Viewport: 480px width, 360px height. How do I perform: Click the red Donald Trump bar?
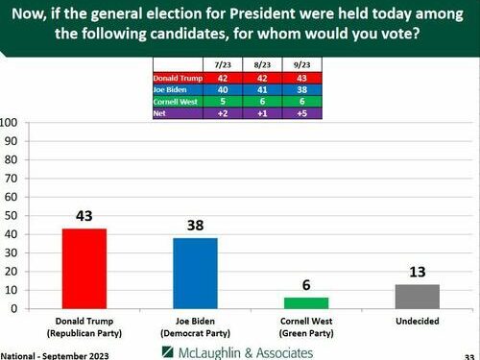(84, 268)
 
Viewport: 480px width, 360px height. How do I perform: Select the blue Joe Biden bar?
(194, 273)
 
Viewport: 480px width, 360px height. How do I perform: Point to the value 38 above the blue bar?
(194, 225)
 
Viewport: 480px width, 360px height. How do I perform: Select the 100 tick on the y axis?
(9, 123)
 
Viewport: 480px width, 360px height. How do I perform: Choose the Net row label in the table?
(163, 113)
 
